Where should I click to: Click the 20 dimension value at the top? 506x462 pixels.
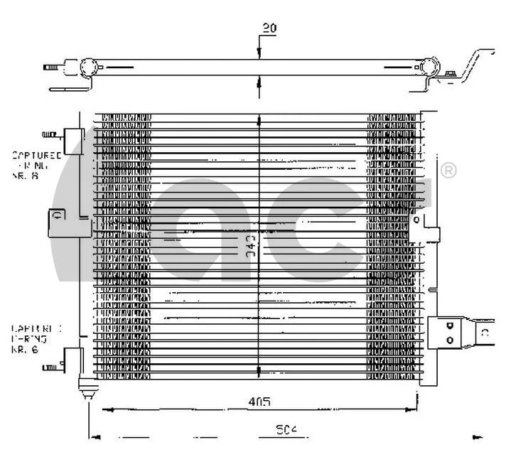[x=269, y=28]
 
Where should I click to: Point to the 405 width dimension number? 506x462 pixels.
[x=259, y=402]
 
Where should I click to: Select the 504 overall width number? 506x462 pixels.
[x=286, y=430]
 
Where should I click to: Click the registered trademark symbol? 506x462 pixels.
[x=449, y=171]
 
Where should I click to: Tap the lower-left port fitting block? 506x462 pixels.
[x=72, y=358]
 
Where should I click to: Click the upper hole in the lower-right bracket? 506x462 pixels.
[x=449, y=326]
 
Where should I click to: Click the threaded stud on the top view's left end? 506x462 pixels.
[x=51, y=68]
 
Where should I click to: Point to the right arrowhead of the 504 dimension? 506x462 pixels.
[x=478, y=436]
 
